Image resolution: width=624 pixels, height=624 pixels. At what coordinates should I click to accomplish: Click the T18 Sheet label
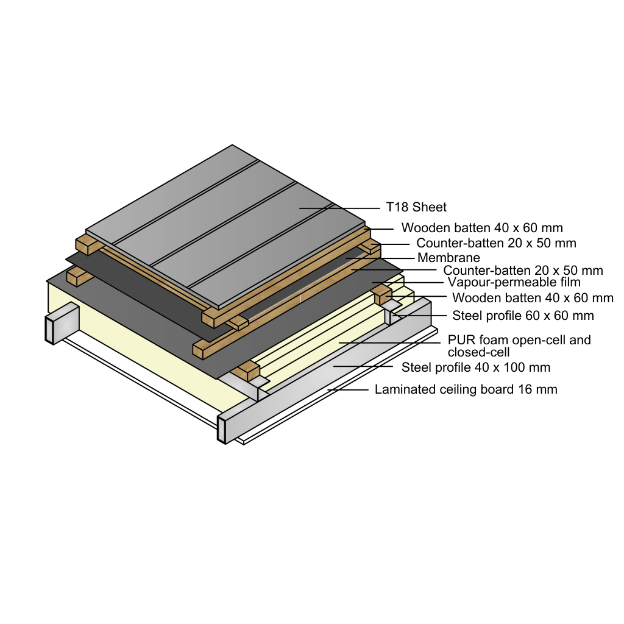tap(416, 207)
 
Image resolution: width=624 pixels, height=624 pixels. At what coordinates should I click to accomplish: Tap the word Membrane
tap(448, 258)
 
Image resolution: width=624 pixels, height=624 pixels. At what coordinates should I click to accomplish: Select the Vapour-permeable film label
tap(514, 282)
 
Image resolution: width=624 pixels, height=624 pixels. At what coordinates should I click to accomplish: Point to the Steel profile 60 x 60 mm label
tap(523, 316)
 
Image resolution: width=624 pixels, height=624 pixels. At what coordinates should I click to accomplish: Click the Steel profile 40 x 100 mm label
tap(476, 367)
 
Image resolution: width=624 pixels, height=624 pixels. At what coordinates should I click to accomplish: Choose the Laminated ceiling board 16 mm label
tap(466, 389)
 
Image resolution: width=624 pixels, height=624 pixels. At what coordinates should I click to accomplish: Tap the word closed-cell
tap(478, 352)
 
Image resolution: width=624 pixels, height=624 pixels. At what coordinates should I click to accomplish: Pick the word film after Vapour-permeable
tap(570, 282)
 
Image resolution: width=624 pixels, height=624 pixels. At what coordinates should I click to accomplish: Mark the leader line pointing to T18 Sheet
tap(339, 208)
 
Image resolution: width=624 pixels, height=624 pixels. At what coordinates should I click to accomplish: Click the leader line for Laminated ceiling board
tap(348, 390)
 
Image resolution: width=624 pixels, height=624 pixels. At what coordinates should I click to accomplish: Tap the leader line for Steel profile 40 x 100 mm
tap(363, 366)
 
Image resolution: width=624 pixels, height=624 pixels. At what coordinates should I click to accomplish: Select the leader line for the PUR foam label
tap(389, 342)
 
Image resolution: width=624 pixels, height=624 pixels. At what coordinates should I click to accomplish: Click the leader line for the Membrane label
tap(380, 258)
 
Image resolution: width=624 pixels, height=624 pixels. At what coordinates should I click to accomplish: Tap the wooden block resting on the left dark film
tap(76, 276)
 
